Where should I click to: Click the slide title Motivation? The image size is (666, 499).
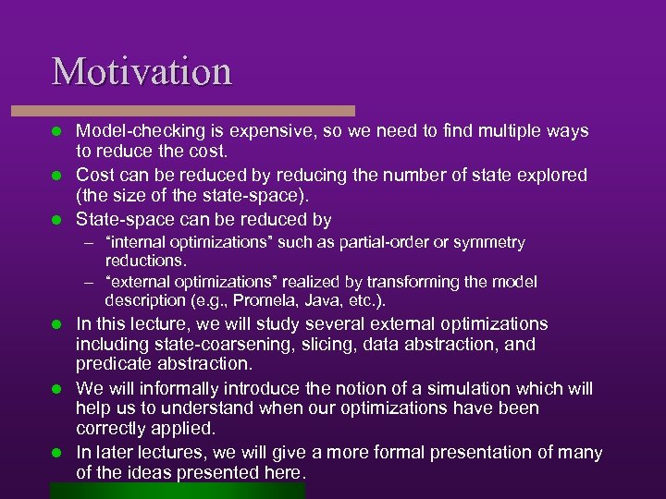[x=142, y=71]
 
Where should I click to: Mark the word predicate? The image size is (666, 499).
[x=115, y=364]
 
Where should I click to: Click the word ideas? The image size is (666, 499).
[x=151, y=473]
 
